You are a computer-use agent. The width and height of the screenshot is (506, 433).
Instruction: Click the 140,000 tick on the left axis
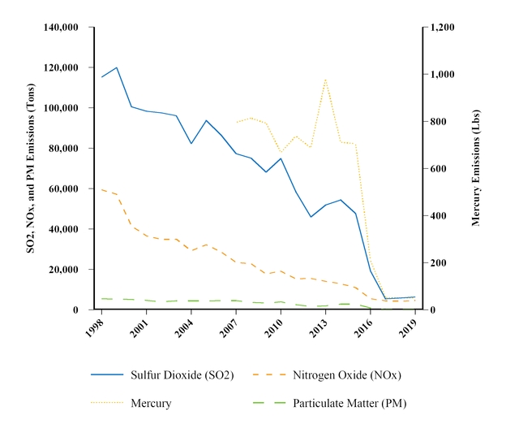point(62,28)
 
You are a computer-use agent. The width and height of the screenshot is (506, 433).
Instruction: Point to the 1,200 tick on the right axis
point(444,28)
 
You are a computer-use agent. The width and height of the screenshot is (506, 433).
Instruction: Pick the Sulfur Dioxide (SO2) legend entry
point(182,375)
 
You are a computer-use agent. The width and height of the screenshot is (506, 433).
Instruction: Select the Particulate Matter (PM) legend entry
point(349,403)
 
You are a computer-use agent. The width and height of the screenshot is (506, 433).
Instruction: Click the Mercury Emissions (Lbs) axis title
point(476,167)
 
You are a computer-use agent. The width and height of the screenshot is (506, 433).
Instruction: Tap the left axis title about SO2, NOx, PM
point(31,167)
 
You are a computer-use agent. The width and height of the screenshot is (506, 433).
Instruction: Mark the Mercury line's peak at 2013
point(325,79)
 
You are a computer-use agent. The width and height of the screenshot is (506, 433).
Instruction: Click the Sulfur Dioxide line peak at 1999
point(117,67)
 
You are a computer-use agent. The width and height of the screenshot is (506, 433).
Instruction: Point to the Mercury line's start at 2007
point(236,123)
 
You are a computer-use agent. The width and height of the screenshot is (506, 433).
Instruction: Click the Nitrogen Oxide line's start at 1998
point(102,189)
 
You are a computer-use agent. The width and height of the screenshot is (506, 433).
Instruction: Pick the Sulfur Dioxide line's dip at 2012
point(311,217)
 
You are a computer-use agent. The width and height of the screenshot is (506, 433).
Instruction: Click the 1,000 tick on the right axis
point(444,75)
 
